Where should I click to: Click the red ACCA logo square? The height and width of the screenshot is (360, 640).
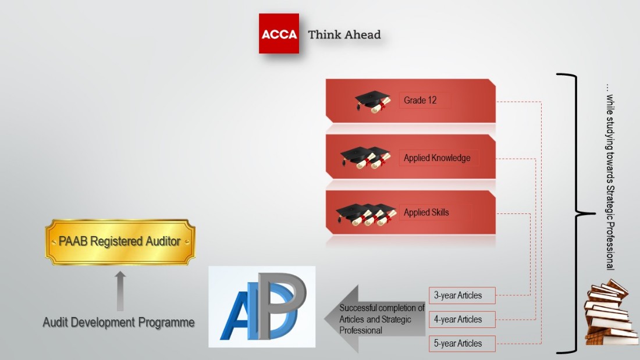click(x=279, y=34)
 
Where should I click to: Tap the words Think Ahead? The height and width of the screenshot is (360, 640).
click(x=344, y=35)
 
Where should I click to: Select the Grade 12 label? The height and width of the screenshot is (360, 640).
click(x=420, y=100)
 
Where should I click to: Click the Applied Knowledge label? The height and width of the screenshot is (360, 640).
click(x=437, y=158)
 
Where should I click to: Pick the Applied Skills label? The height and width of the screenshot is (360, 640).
click(x=426, y=212)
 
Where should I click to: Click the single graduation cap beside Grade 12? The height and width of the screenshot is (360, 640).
click(x=372, y=102)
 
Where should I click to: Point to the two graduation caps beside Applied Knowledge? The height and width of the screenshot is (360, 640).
click(x=366, y=158)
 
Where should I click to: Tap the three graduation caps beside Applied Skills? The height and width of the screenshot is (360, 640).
click(x=366, y=214)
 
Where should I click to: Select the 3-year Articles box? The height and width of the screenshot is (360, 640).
click(x=462, y=295)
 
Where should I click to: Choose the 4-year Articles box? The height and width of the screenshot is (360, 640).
click(x=462, y=320)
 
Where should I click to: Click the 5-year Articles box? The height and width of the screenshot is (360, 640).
click(x=462, y=344)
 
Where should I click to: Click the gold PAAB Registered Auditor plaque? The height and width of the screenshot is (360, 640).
click(x=120, y=241)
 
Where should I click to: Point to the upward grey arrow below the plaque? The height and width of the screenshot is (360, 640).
click(x=120, y=291)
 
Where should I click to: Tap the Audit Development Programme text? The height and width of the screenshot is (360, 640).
click(x=119, y=322)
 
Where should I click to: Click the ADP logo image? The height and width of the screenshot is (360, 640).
click(x=262, y=307)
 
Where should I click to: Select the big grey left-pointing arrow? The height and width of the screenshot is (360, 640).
click(x=375, y=319)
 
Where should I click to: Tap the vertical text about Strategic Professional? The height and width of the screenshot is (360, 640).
click(x=610, y=177)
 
